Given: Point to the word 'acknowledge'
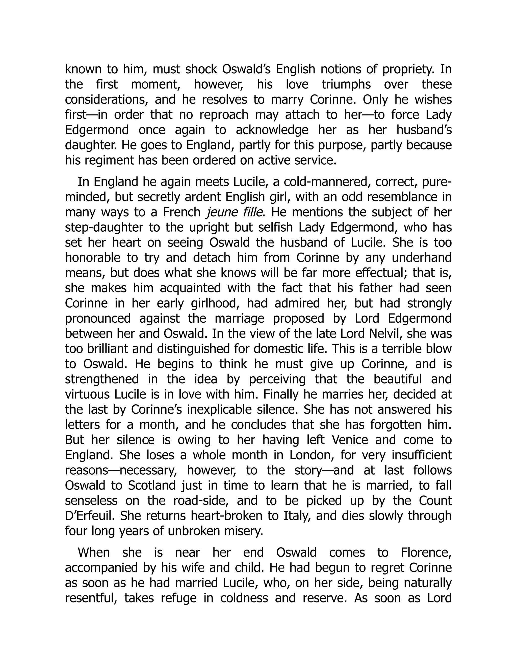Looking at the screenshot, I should tap(272, 130).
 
